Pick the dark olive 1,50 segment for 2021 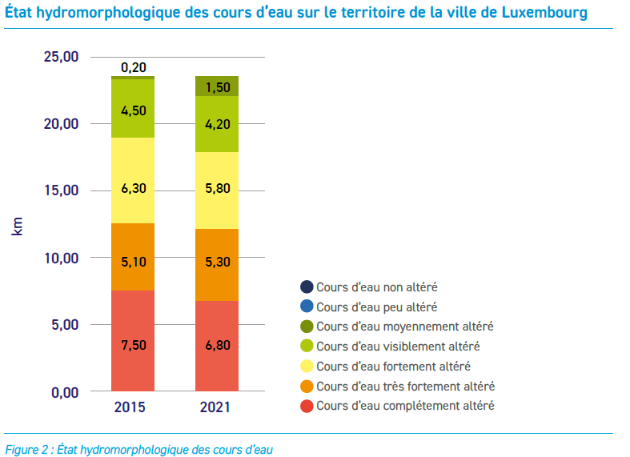[217, 86]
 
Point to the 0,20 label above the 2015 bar [133, 67]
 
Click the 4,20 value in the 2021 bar [217, 124]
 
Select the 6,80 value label [217, 346]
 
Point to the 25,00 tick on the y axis [61, 58]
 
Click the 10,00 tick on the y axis [61, 259]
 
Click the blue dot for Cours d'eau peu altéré [306, 307]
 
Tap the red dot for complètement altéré [306, 406]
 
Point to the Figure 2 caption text [139, 449]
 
